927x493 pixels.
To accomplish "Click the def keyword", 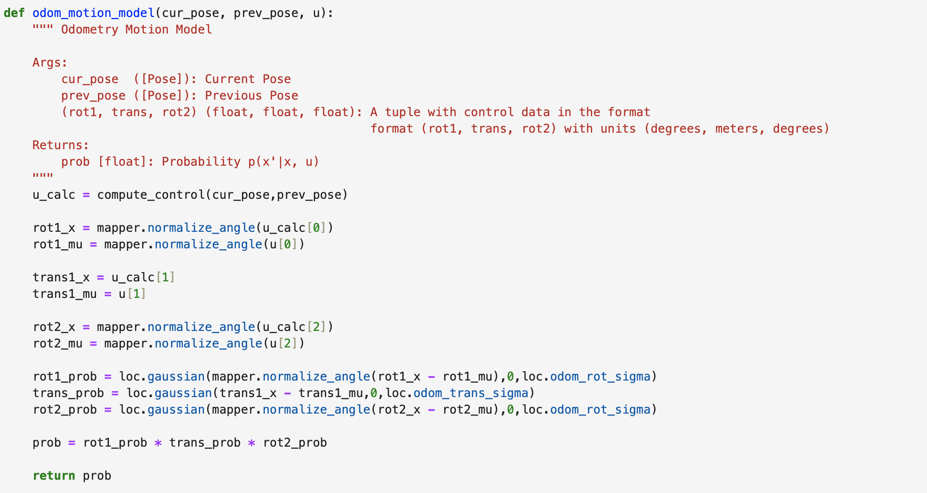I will pos(14,13).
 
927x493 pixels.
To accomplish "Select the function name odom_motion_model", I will pos(93,13).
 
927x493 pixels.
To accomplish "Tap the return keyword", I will pos(54,476).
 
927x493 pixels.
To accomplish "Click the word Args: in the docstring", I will pos(50,62).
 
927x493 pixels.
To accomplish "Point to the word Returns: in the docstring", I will pos(61,145).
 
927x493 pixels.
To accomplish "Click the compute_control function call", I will pos(151,195).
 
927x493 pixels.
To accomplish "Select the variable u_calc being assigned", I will pos(54,195).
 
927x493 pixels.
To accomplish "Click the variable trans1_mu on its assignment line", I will pos(64,294).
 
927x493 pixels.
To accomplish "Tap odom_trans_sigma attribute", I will pos(470,393).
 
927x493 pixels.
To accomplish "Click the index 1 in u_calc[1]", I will pos(165,277).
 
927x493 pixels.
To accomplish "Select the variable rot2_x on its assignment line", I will pos(54,327).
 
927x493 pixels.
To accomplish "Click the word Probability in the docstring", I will pos(201,162).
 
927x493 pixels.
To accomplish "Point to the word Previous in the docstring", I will pos(233,95).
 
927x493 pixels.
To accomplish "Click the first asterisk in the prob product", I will pos(158,443).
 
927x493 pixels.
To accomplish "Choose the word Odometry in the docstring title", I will pos(90,29).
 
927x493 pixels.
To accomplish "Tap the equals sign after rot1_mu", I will pos(93,244).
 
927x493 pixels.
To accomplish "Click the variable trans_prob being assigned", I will pos(68,393).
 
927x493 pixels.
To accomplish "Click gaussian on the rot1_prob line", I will pos(176,376).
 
